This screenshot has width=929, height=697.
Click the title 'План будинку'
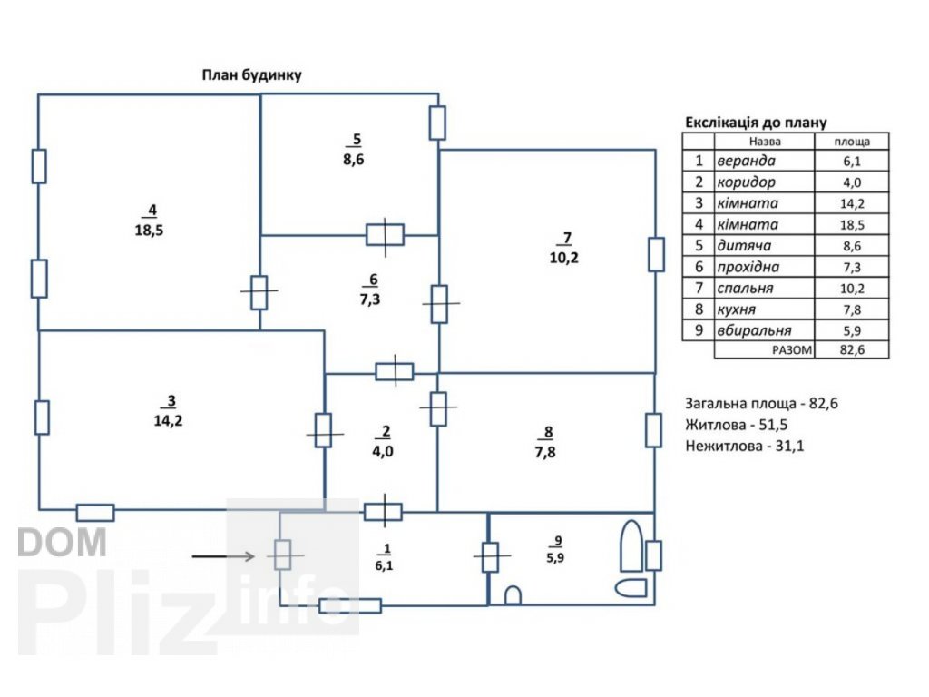(x=251, y=75)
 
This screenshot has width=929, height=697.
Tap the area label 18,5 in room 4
(x=149, y=231)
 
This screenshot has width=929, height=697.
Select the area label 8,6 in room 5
(x=354, y=160)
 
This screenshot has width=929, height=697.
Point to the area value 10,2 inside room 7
(x=564, y=257)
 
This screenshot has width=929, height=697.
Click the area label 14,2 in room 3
(x=169, y=420)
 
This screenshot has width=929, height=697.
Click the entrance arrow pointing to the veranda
(x=223, y=554)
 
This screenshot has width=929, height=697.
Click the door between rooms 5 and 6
(x=385, y=235)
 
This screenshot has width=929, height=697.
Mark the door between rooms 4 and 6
(x=259, y=292)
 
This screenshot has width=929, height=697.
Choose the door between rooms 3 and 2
(x=324, y=429)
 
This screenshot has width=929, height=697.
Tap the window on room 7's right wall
(x=656, y=254)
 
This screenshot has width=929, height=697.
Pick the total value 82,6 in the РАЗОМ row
(x=852, y=349)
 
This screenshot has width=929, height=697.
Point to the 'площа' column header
(x=852, y=142)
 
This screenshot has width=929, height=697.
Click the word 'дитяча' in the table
(x=744, y=246)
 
